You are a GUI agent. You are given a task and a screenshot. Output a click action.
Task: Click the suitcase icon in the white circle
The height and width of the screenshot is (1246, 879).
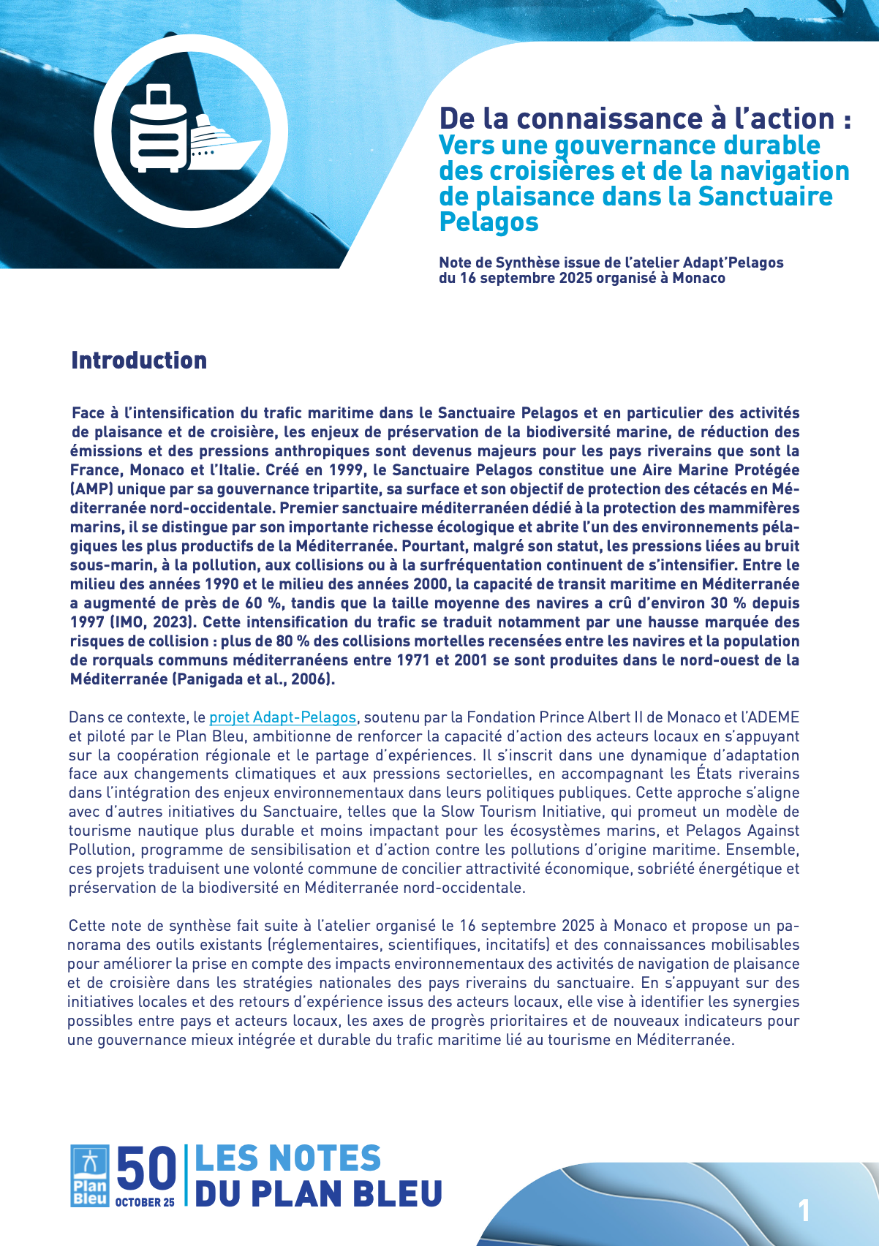(x=157, y=128)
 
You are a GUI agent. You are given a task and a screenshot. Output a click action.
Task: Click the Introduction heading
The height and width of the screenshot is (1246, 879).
(x=139, y=360)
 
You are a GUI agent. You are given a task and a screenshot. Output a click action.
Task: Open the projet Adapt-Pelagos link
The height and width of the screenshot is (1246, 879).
(x=282, y=717)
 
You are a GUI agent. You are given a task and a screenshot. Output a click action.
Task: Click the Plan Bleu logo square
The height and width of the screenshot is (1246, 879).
(x=90, y=1175)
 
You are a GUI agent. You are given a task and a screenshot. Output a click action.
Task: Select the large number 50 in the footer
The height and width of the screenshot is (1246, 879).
(x=146, y=1168)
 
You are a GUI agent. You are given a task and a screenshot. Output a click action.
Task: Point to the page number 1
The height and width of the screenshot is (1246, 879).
(x=804, y=1211)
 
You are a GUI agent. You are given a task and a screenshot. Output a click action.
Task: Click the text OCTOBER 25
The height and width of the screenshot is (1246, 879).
(x=145, y=1202)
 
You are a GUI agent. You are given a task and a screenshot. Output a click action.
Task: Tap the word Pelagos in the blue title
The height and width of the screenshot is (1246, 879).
(x=488, y=222)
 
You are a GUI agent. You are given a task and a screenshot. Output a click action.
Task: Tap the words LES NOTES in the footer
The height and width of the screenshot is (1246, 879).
(x=287, y=1159)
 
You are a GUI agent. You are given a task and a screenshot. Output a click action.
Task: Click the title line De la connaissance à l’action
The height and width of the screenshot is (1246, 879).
(x=644, y=118)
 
